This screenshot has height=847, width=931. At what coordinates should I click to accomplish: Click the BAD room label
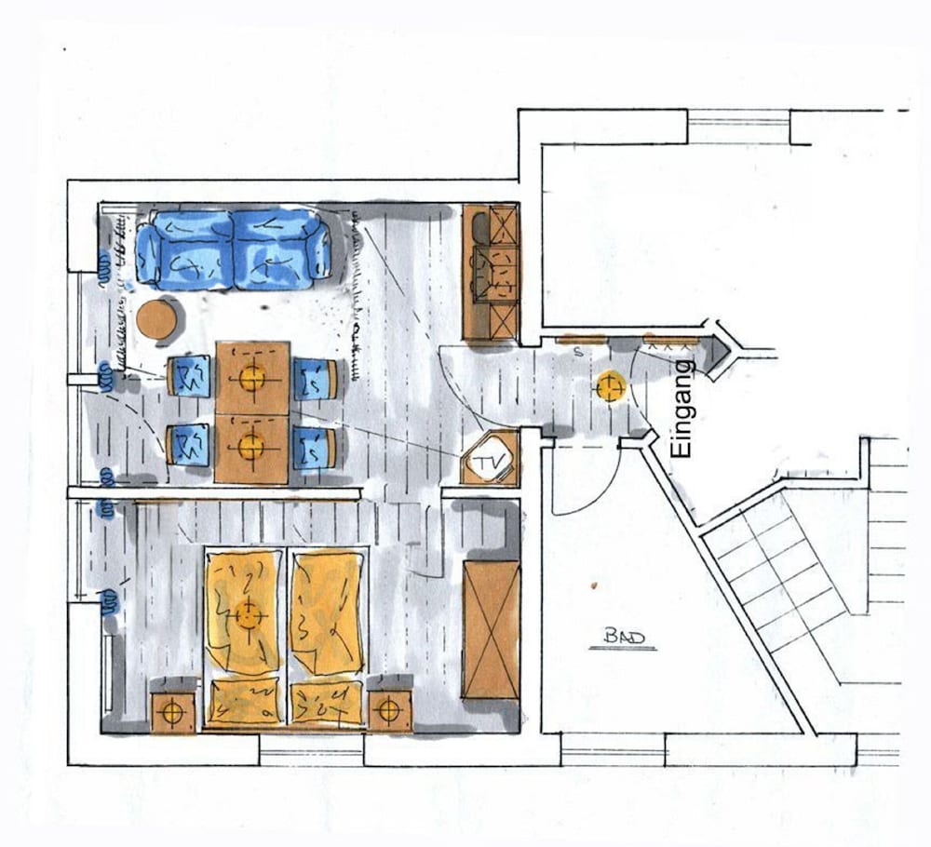click(x=624, y=638)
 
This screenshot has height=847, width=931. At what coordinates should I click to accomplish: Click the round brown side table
click(x=156, y=320)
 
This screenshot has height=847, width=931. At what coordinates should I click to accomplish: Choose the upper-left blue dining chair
click(x=189, y=376)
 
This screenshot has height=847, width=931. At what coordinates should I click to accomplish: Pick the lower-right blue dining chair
click(x=315, y=448)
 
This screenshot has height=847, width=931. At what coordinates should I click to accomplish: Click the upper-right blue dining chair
click(x=316, y=380)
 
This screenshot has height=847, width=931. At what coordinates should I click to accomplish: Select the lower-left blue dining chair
click(x=188, y=445)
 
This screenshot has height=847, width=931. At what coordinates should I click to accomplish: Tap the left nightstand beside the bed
click(x=172, y=711)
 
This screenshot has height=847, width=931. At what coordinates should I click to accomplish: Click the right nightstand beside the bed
click(x=389, y=710)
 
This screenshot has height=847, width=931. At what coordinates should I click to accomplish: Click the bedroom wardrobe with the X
click(x=491, y=630)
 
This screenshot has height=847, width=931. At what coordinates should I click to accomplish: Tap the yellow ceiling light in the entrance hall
click(x=611, y=387)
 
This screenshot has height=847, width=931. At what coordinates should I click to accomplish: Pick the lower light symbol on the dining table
click(x=251, y=447)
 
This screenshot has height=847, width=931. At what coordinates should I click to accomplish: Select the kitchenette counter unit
click(x=491, y=271)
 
